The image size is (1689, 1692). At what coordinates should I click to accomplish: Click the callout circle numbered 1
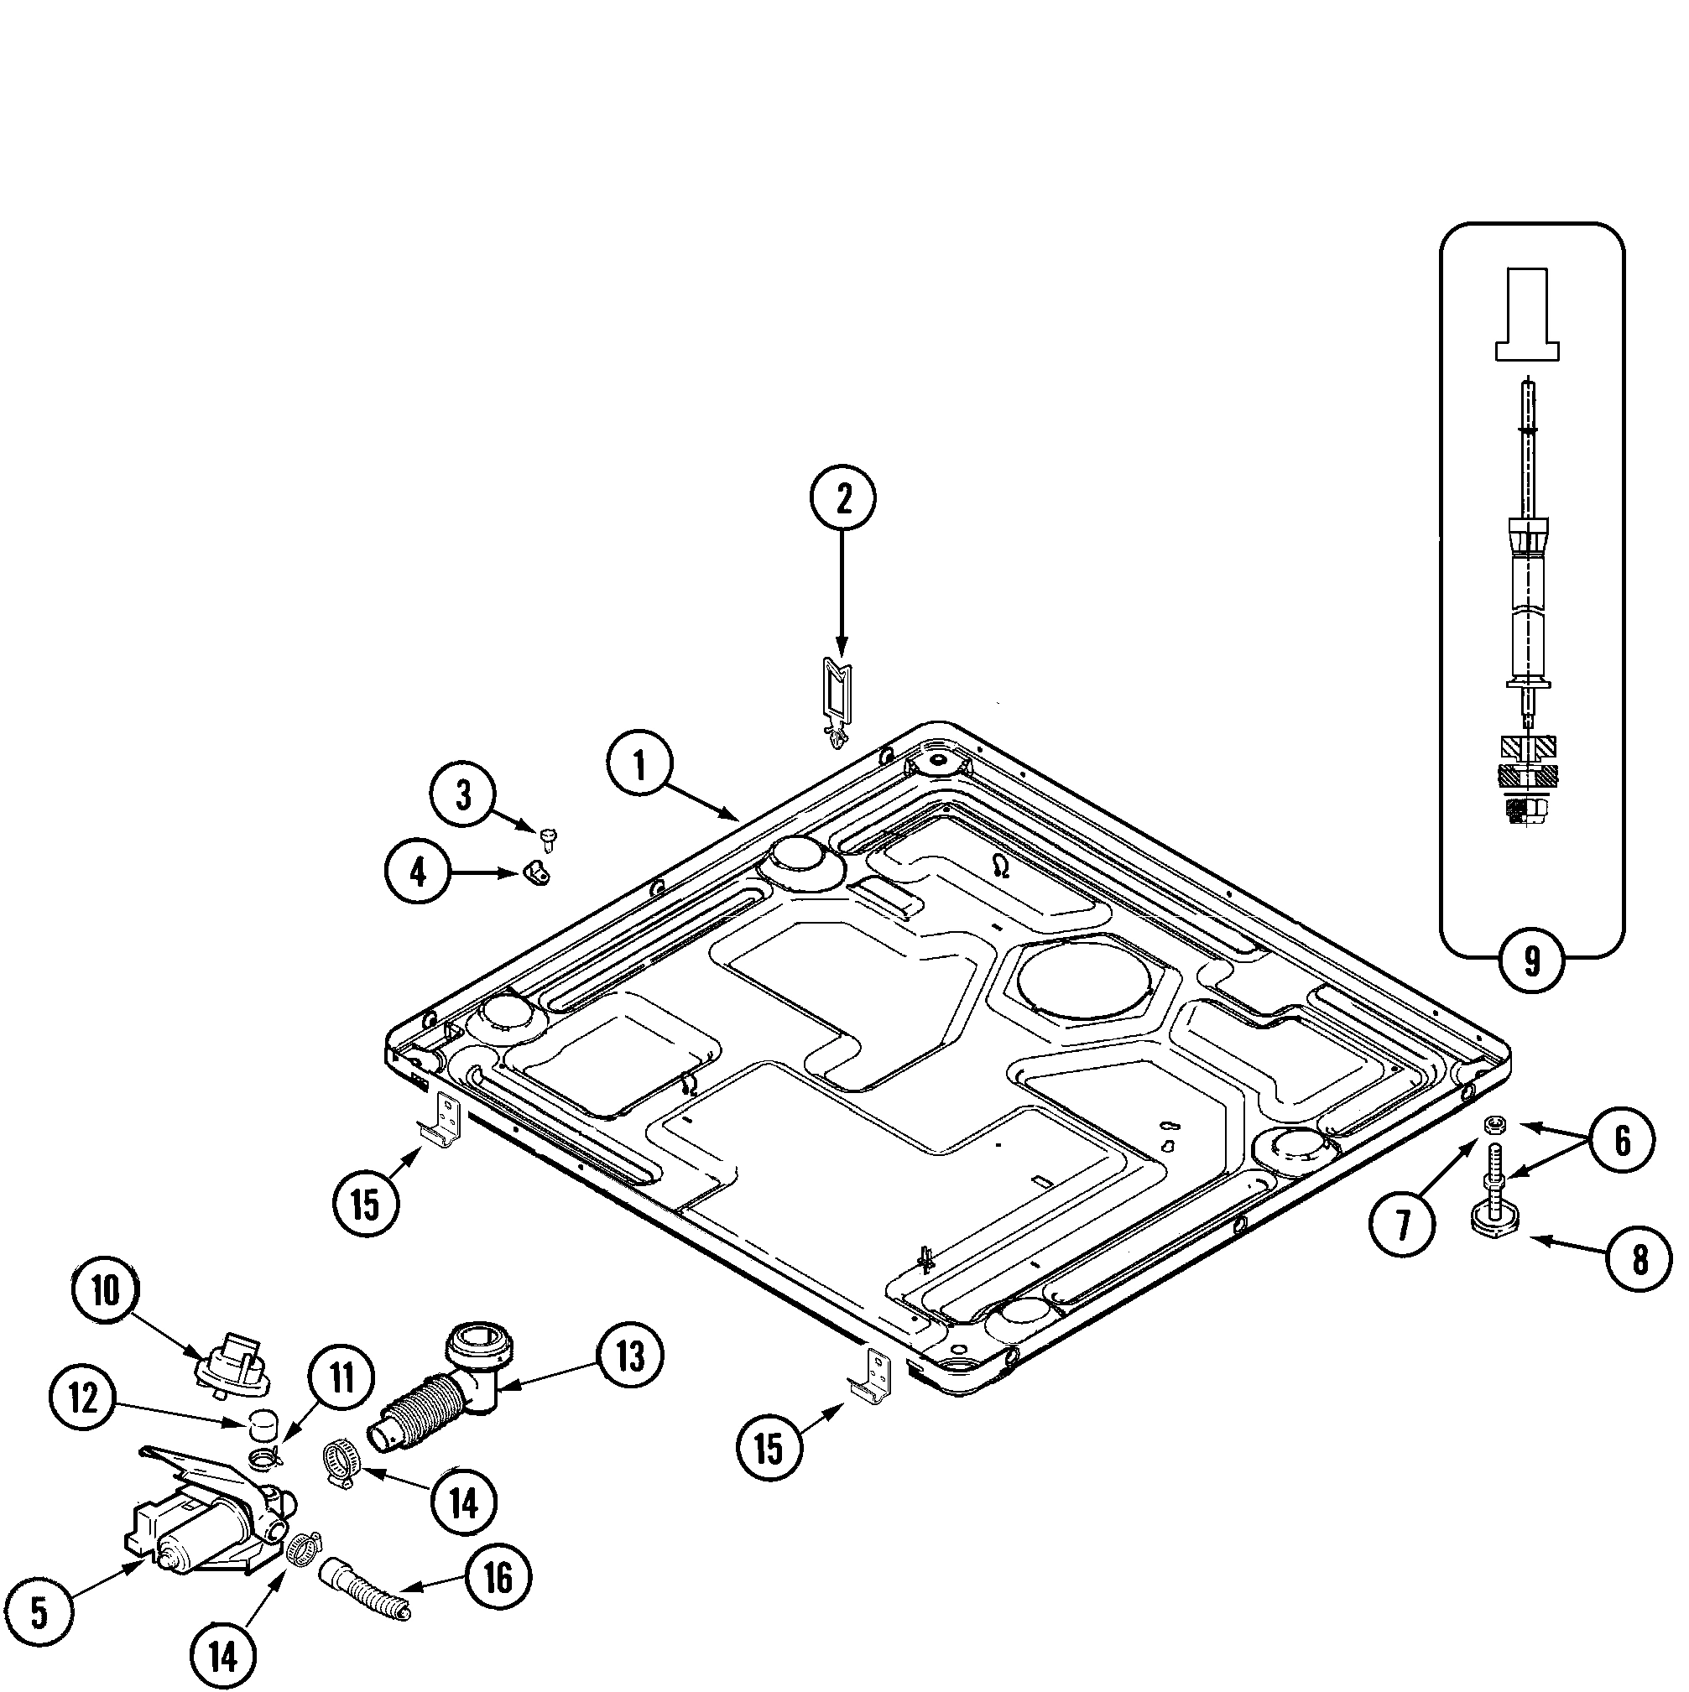pos(639,764)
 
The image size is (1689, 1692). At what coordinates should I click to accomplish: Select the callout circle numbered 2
pos(842,498)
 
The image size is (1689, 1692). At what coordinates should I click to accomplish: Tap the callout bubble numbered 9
pos(1531,961)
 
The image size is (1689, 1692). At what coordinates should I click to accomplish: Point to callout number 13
pos(630,1356)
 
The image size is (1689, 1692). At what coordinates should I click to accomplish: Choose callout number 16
pos(498,1579)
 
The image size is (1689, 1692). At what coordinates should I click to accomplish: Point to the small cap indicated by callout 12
pos(260,1424)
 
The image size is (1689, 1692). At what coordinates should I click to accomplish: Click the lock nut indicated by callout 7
pos(1495,1124)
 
